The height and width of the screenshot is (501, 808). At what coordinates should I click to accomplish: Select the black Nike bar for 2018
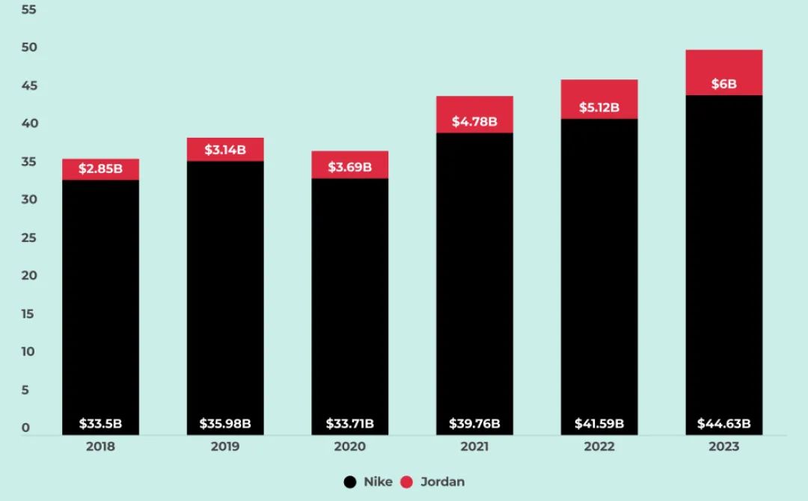click(100, 300)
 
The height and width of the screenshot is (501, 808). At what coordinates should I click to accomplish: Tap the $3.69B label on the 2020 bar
click(349, 166)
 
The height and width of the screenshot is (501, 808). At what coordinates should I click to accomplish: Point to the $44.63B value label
click(723, 424)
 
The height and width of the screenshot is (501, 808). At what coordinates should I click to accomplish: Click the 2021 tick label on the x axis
click(474, 447)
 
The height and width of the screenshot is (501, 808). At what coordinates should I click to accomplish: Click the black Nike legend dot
click(350, 482)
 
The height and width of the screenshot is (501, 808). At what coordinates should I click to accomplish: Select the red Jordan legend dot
click(407, 482)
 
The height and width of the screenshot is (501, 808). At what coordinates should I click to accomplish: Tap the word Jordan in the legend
click(442, 482)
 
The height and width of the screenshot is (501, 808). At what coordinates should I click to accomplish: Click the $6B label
click(723, 84)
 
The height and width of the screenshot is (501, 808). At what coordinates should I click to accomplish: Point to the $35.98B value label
click(225, 424)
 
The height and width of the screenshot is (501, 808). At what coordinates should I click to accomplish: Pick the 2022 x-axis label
click(599, 447)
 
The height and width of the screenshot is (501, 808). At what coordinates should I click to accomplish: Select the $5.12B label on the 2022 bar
click(599, 107)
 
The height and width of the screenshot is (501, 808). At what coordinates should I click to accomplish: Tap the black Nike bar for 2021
click(474, 277)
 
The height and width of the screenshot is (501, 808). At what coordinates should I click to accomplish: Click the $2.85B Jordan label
click(100, 168)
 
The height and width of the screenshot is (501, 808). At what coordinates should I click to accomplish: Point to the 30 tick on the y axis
click(28, 200)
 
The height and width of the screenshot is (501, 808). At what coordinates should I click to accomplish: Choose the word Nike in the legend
click(378, 482)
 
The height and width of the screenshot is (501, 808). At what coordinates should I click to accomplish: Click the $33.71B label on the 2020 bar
click(349, 424)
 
